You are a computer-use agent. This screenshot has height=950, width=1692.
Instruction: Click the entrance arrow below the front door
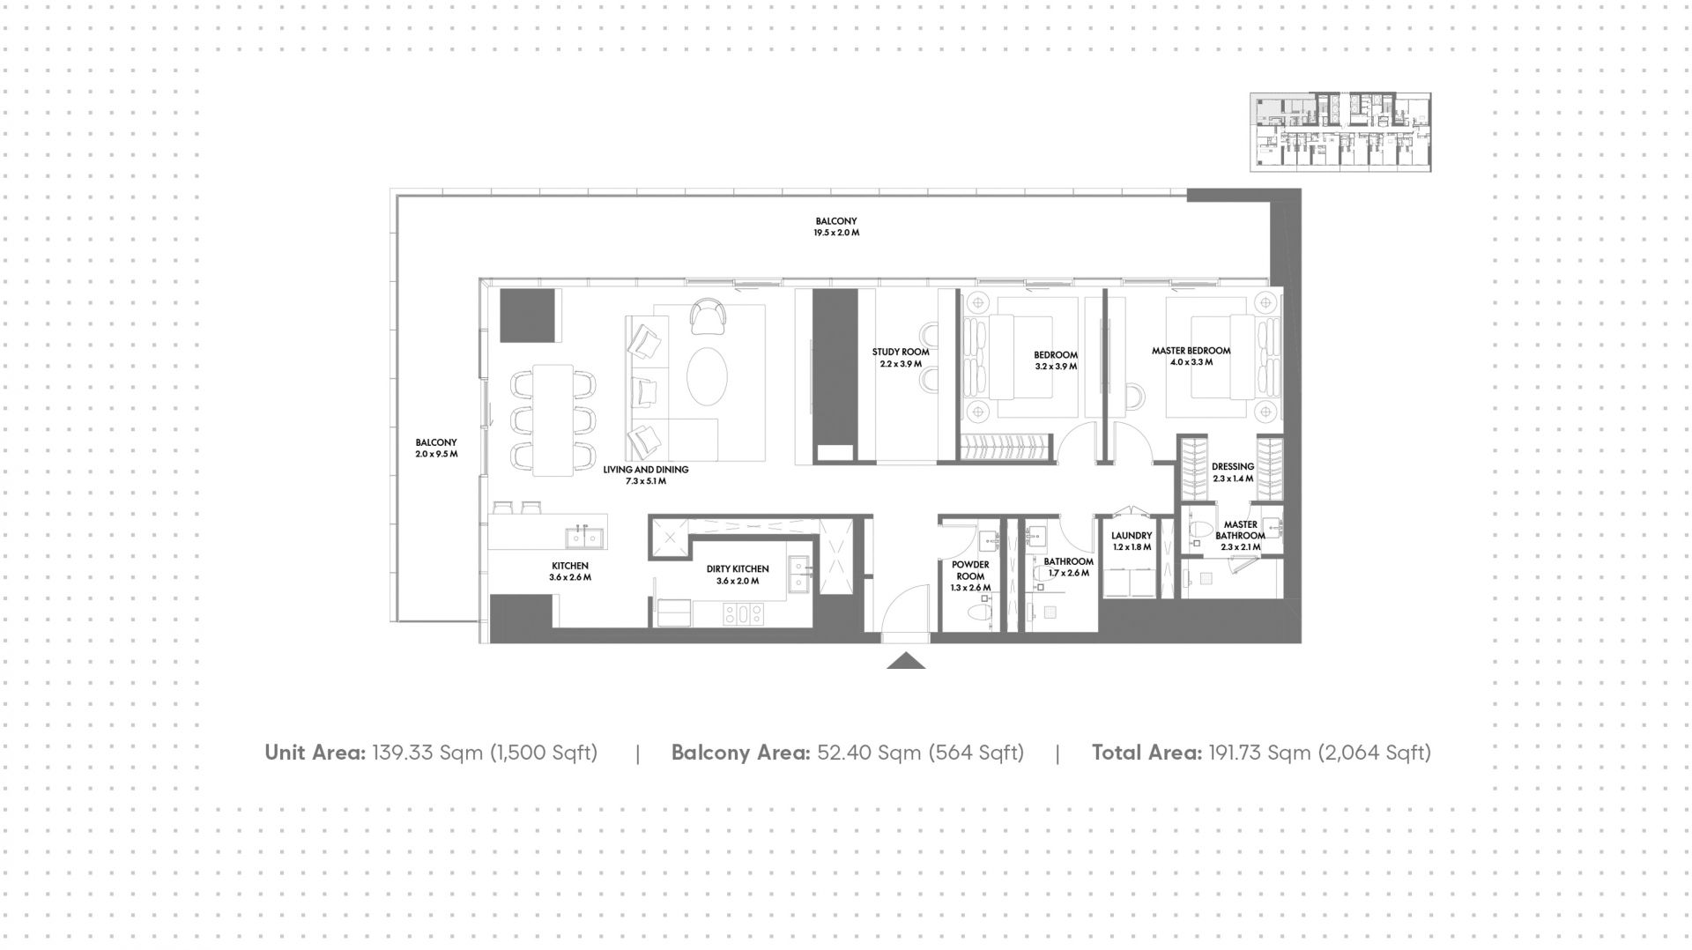coord(906,661)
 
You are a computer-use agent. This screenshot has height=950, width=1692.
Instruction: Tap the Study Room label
coord(901,353)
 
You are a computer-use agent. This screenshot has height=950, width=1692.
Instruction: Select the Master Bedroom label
coord(1191,351)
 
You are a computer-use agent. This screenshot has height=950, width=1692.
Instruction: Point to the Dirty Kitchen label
coord(738,569)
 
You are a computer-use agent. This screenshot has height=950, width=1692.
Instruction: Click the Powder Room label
coord(970,570)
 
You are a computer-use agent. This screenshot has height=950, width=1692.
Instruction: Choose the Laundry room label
coord(1132,536)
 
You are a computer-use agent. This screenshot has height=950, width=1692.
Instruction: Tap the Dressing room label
coord(1232,467)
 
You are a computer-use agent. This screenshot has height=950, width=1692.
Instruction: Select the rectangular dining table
coord(553,420)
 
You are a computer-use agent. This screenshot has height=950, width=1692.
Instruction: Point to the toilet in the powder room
coord(980,610)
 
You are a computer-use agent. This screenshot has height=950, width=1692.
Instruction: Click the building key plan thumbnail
coord(1340,132)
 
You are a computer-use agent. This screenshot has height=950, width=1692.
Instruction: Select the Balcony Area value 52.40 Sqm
coord(872,753)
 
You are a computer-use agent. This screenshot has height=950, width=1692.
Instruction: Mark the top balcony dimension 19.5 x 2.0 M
coord(835,234)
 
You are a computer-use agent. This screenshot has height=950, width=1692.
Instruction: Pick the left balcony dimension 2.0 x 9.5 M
coord(436,455)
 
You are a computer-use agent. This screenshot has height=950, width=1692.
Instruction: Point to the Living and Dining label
coord(646,470)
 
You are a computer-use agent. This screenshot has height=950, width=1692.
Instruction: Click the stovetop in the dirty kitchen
coord(741,614)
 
